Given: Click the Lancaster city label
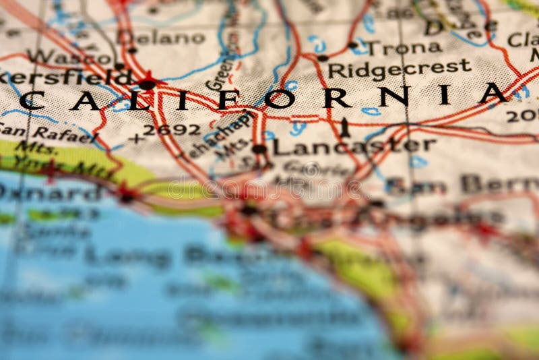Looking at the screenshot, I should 354,146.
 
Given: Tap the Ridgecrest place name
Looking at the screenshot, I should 400,68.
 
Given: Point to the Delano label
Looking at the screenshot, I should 170,38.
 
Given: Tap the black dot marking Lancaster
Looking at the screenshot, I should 259,148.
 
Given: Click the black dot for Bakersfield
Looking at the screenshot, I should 147,85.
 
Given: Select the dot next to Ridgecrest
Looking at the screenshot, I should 323,58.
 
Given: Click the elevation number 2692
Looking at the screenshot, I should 172,129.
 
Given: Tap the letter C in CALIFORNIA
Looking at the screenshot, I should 32,101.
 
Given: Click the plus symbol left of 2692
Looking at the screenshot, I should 137,138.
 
